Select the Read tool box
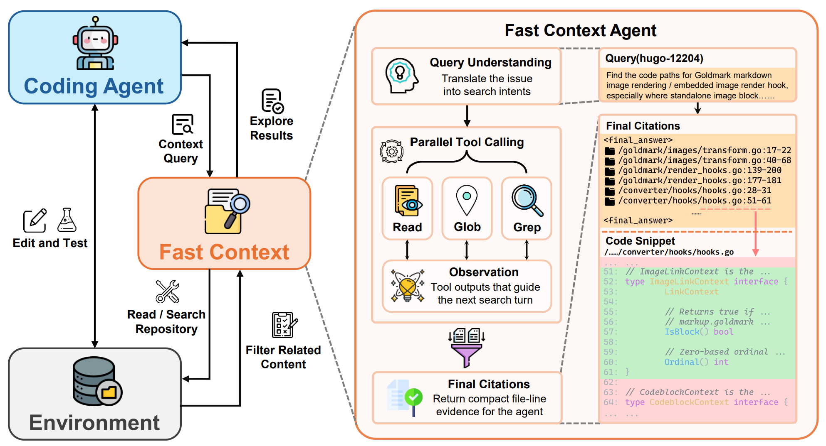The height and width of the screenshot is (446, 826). (408, 208)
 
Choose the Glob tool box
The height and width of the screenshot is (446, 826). (467, 208)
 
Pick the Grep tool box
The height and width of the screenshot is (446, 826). (527, 208)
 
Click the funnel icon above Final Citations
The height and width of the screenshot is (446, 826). (467, 348)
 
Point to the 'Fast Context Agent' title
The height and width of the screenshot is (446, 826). (580, 31)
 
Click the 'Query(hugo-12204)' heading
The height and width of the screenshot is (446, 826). (654, 58)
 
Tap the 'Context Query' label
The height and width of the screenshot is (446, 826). (181, 151)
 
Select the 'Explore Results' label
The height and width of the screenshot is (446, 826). (272, 128)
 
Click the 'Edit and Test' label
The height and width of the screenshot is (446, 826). (50, 243)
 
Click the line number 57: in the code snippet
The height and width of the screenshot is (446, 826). (611, 332)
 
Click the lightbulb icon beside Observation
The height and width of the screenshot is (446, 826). (408, 286)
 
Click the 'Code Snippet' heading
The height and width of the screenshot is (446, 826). (640, 241)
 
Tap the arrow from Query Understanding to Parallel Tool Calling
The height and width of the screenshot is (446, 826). (467, 116)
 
